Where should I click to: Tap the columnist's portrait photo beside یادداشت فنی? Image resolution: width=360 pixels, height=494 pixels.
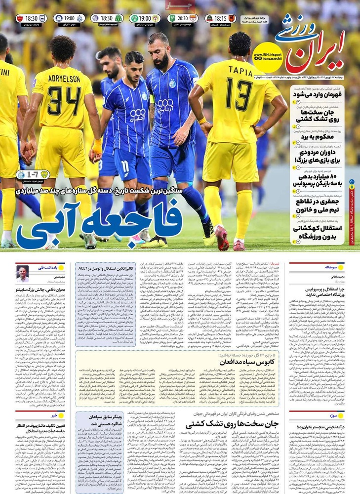[22, 274]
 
